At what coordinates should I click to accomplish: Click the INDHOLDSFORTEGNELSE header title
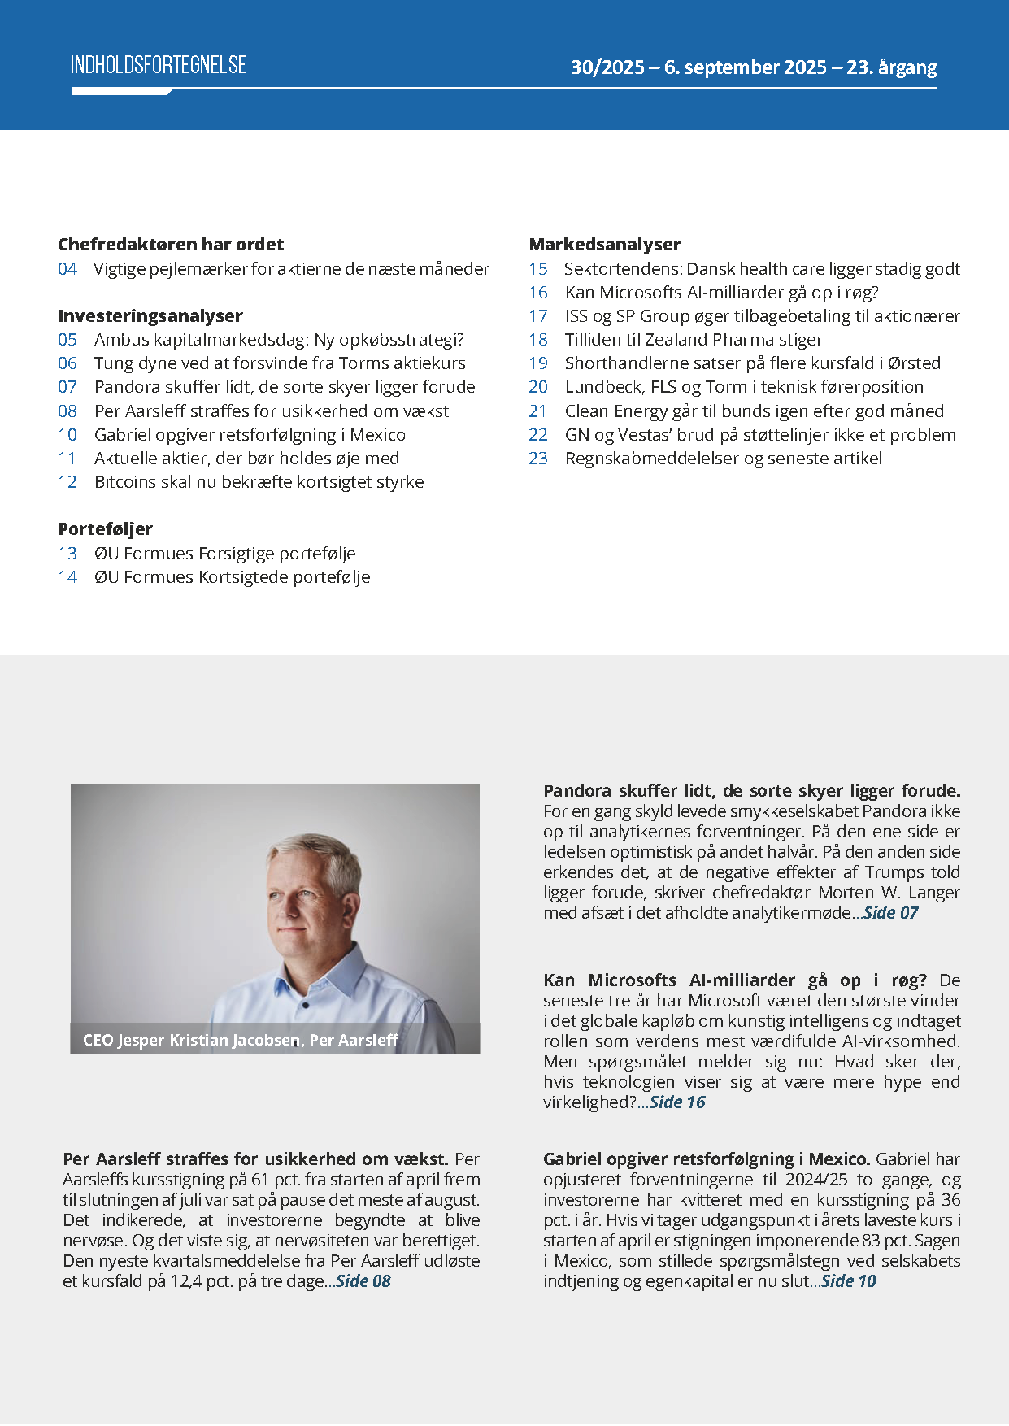159,65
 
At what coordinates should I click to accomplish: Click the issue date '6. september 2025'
745,67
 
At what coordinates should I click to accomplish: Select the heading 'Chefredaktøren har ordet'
171,244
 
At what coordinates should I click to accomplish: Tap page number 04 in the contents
67,269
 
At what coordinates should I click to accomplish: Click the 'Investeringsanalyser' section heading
150,315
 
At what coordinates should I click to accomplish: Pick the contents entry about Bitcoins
259,482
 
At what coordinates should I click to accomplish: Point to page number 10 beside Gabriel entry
67,435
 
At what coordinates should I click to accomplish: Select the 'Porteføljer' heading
106,528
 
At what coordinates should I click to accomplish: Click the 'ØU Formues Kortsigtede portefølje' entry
232,577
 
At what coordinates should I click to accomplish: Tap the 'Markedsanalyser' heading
605,244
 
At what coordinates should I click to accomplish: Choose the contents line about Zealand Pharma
694,340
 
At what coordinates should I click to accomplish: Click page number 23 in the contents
538,459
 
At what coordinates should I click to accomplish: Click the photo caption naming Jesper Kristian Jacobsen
240,1040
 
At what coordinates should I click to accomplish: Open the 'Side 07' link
890,913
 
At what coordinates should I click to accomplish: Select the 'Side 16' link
677,1102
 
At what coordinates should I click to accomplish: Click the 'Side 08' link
363,1281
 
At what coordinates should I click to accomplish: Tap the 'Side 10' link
849,1281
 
